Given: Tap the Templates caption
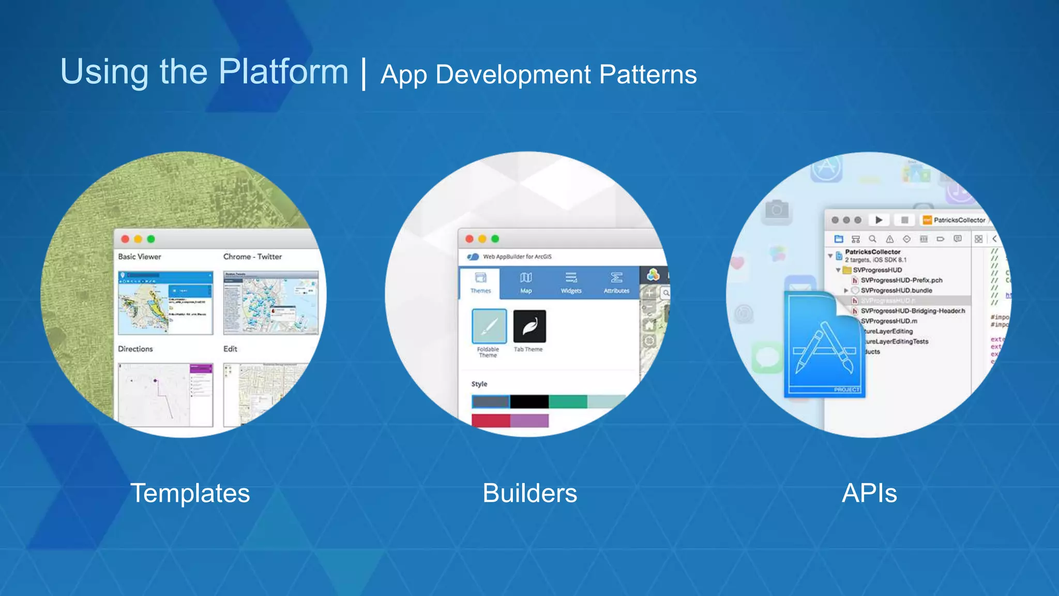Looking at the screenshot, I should coord(190,493).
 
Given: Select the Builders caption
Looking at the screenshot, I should coord(529,493).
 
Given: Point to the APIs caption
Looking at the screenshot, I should coord(869,493).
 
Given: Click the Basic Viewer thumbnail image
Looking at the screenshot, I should coord(165,303).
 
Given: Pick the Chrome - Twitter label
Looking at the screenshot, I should coord(252,257).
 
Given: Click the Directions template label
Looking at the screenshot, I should coord(135,349).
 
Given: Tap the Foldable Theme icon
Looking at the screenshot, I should coord(489,326).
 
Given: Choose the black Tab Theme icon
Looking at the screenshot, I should coord(529,326).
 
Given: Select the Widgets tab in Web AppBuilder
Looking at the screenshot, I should coord(571,282).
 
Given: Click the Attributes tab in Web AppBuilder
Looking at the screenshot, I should coord(616,282).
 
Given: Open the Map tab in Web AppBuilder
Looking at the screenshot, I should coord(526,282).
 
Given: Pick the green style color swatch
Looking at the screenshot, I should coord(568,401).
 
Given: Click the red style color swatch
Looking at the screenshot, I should coord(491,421).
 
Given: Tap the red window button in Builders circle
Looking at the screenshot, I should coord(470,239).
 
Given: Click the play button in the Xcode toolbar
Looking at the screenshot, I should coord(879,220).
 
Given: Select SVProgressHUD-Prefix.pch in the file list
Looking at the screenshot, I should coord(901,280).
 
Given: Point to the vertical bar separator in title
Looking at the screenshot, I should coord(365,74).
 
